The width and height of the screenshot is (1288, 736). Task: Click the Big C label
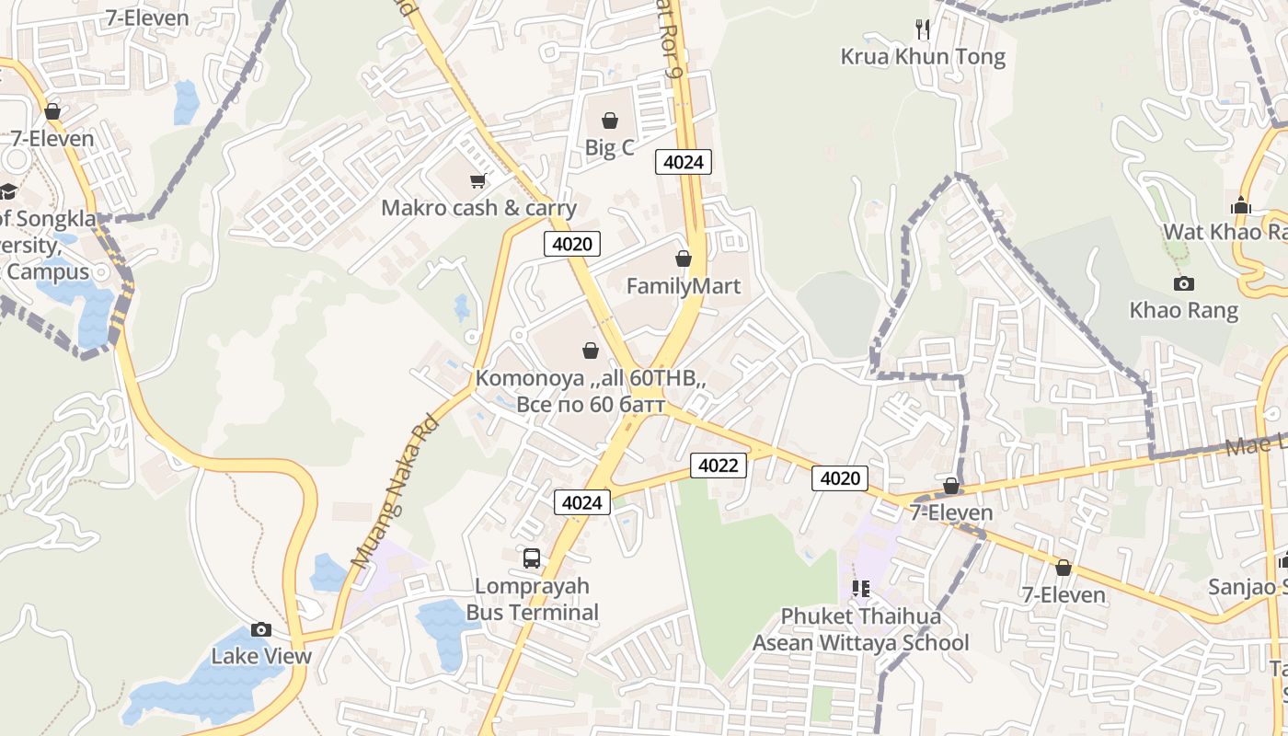tap(609, 147)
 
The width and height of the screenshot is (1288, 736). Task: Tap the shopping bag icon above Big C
tap(609, 121)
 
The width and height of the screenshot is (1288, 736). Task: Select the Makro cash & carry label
tap(478, 207)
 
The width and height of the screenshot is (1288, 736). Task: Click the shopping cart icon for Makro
tap(477, 181)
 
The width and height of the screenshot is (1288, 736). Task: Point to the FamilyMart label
tap(683, 286)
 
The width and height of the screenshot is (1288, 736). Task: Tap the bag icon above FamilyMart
tap(683, 259)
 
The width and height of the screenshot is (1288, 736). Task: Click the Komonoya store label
tap(591, 391)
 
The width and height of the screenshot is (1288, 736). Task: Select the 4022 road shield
tap(718, 466)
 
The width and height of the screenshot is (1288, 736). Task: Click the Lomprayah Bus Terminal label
tap(532, 599)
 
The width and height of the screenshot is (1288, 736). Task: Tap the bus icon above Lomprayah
tap(532, 558)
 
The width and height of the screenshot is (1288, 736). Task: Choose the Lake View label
tap(261, 656)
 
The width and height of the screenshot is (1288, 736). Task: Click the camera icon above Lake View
tap(261, 630)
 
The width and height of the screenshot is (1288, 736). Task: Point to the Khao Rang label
tap(1184, 310)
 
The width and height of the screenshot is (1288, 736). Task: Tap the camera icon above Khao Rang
tap(1184, 283)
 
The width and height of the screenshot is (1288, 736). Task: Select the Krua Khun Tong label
tap(923, 57)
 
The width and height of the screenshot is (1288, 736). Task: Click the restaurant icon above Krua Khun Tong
tap(923, 29)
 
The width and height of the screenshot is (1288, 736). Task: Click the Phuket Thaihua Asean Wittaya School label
tap(860, 629)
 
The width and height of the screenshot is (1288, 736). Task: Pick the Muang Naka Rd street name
tap(394, 492)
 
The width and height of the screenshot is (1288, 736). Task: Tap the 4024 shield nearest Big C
tap(683, 162)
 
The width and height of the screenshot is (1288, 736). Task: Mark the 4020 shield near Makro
tap(572, 244)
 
